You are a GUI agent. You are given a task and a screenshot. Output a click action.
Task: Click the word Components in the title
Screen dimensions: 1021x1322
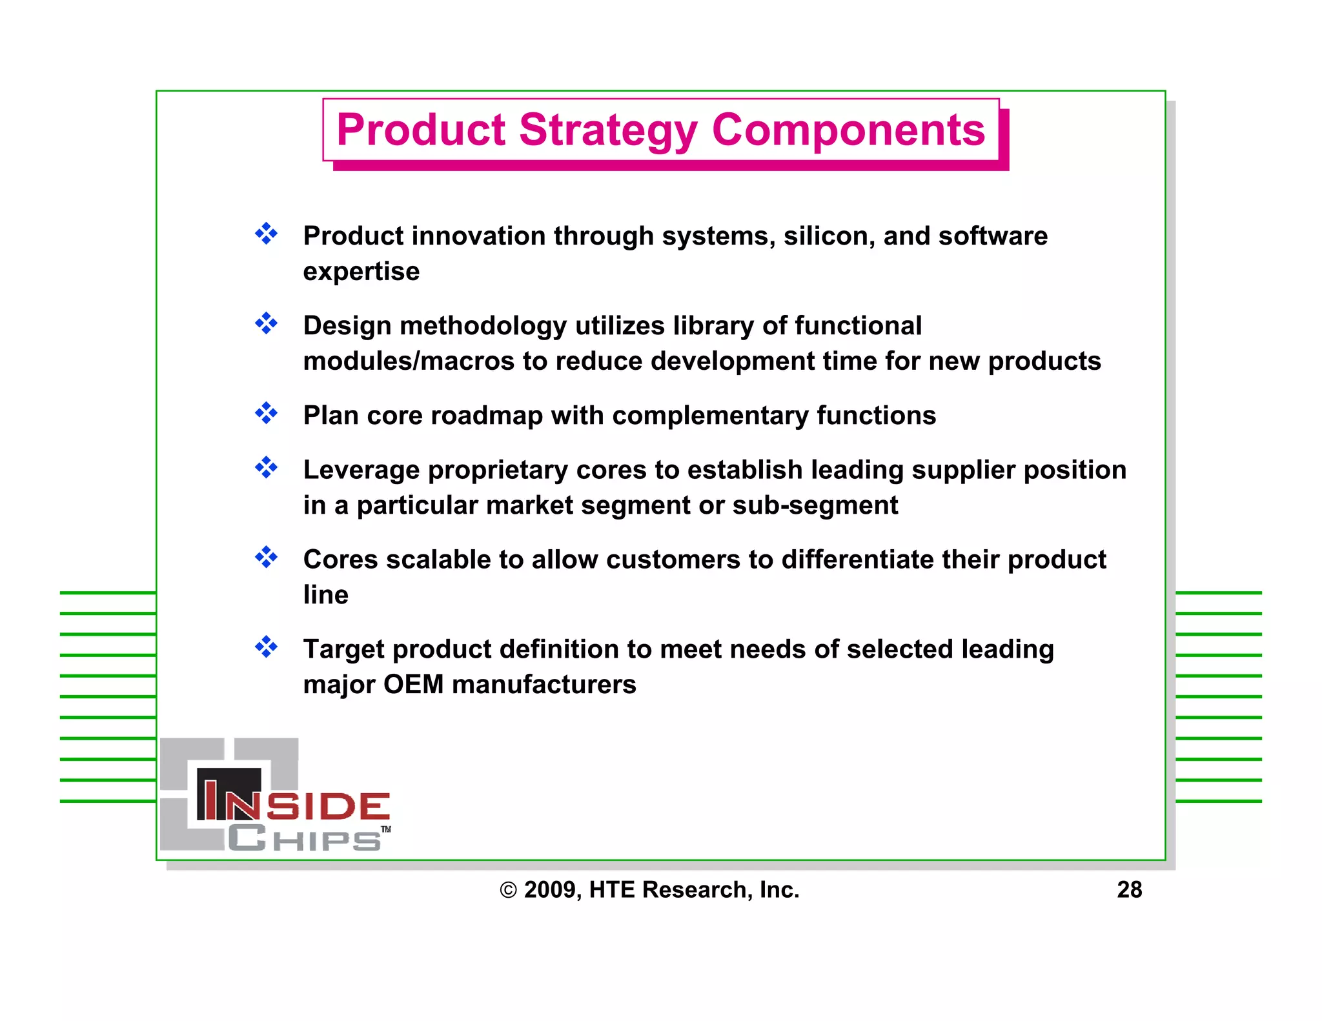pyautogui.click(x=848, y=131)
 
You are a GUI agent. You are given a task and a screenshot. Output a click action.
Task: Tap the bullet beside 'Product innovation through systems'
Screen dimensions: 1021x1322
pyautogui.click(x=266, y=234)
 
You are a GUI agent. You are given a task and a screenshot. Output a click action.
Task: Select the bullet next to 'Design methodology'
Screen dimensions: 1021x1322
pyautogui.click(x=266, y=323)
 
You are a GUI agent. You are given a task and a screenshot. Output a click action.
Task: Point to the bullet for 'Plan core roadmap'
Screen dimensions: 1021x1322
pyautogui.click(x=266, y=413)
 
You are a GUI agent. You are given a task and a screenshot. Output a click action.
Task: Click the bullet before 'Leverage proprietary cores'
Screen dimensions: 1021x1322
pyautogui.click(x=266, y=467)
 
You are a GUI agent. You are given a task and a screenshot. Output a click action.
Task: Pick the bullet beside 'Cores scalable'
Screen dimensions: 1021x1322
pyautogui.click(x=266, y=557)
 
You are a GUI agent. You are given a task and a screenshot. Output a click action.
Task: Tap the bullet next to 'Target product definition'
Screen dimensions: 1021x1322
pyautogui.click(x=266, y=647)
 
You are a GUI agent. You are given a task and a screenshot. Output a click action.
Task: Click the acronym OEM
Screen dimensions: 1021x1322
pyautogui.click(x=413, y=685)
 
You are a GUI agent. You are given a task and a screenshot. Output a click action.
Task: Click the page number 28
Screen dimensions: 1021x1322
pyautogui.click(x=1129, y=890)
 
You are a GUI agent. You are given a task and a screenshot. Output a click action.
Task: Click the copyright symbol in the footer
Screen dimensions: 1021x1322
pyautogui.click(x=508, y=891)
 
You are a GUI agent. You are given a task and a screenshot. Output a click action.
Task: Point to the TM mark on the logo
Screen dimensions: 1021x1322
pyautogui.click(x=385, y=829)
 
